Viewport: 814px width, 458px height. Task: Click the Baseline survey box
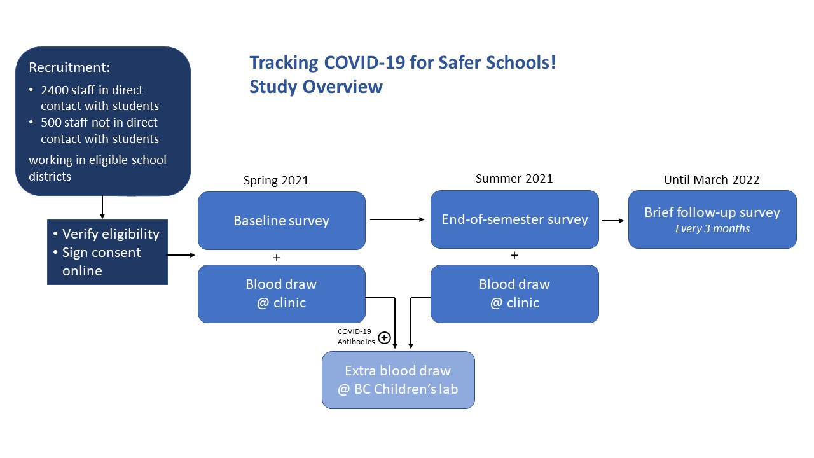(x=281, y=221)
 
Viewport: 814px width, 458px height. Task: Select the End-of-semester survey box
(x=514, y=219)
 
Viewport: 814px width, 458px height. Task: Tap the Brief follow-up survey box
(x=712, y=219)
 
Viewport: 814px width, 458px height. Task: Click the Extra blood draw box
(x=398, y=380)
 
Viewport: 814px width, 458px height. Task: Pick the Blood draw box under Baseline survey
(x=281, y=293)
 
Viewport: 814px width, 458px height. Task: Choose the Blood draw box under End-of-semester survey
(x=514, y=293)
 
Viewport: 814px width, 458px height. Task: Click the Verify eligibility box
(x=107, y=252)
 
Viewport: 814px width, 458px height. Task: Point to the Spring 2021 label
(x=276, y=181)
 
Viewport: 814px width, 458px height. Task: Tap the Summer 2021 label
(x=514, y=179)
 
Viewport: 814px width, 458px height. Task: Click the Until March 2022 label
(x=712, y=180)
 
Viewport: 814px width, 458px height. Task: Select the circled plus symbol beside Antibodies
(x=384, y=338)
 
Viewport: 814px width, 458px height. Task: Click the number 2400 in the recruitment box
(x=55, y=90)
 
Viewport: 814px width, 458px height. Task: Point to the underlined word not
(x=100, y=123)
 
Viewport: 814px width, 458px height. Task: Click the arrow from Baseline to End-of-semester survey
(x=397, y=219)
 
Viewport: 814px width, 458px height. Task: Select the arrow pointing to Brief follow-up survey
(x=612, y=221)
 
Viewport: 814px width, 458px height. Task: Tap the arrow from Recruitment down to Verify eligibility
(x=102, y=207)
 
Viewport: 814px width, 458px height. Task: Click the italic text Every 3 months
(x=712, y=229)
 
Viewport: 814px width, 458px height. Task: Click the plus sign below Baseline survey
(x=276, y=258)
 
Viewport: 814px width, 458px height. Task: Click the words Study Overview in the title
(x=316, y=87)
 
